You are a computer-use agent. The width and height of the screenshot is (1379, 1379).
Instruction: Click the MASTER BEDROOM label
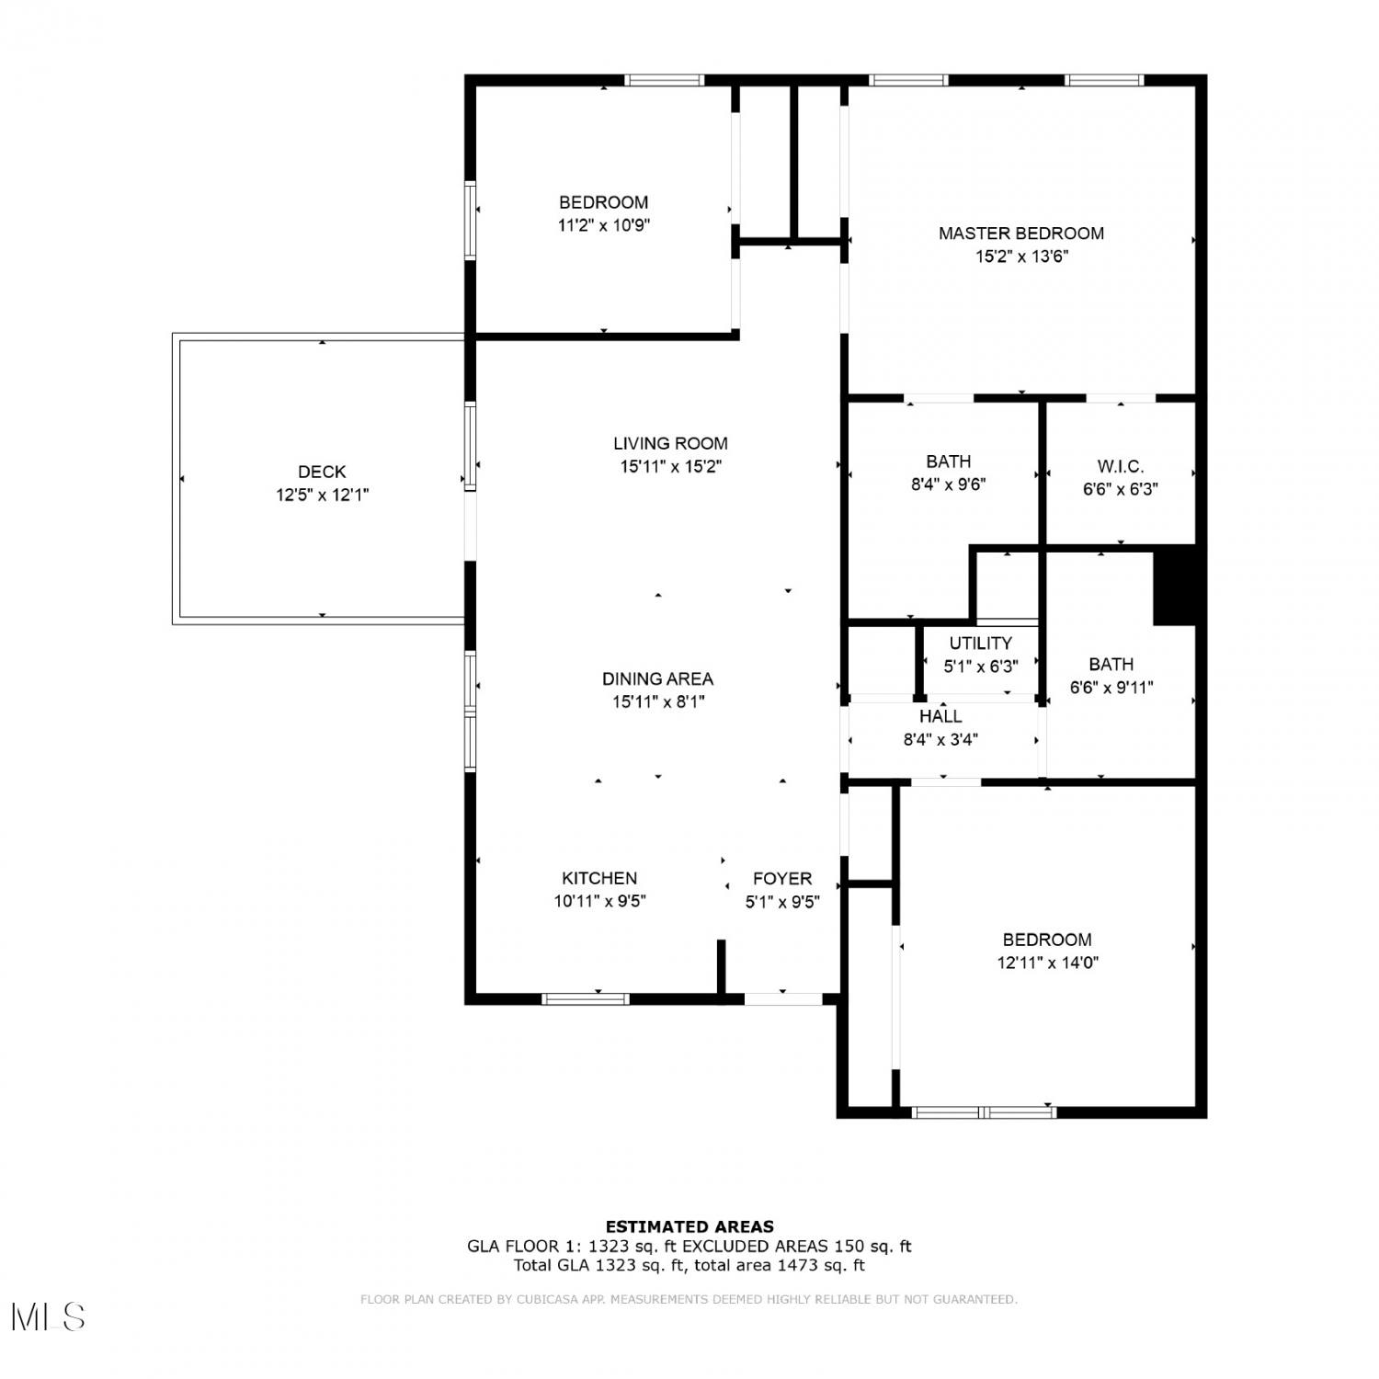pyautogui.click(x=1021, y=234)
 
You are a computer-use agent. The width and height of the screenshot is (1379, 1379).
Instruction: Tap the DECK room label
pyautogui.click(x=322, y=472)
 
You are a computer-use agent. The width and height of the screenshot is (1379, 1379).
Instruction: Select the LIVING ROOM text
pyautogui.click(x=670, y=443)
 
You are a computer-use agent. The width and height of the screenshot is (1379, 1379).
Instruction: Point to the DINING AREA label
pyautogui.click(x=657, y=678)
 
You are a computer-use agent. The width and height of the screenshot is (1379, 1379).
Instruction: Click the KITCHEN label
pyautogui.click(x=599, y=878)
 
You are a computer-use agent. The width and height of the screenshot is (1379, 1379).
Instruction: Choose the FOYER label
pyautogui.click(x=782, y=878)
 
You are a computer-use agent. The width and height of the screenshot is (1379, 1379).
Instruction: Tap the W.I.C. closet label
pyautogui.click(x=1121, y=466)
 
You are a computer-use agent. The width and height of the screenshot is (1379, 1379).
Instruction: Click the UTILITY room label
pyautogui.click(x=981, y=644)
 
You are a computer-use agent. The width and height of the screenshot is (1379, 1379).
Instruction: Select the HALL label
pyautogui.click(x=940, y=716)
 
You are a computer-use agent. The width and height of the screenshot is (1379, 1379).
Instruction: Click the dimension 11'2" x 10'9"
pyautogui.click(x=604, y=225)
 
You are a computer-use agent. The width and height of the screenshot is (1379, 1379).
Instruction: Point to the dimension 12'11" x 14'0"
pyautogui.click(x=1048, y=963)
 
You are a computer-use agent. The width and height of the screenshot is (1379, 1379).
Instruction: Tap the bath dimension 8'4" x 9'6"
pyautogui.click(x=949, y=484)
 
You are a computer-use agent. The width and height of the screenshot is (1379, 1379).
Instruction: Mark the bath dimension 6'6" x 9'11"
pyautogui.click(x=1111, y=687)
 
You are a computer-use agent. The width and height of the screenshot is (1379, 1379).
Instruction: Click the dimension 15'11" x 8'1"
pyautogui.click(x=659, y=701)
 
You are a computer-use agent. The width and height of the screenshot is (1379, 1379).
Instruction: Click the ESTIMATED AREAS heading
pyautogui.click(x=689, y=1226)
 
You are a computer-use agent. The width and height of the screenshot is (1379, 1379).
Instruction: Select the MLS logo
pyautogui.click(x=49, y=1317)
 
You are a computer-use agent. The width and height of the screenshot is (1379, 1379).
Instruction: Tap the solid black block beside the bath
pyautogui.click(x=1175, y=586)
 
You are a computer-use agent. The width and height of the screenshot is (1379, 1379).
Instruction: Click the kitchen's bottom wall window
pyautogui.click(x=586, y=998)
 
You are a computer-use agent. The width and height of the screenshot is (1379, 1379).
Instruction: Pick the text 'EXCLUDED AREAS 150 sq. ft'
pyautogui.click(x=796, y=1247)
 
